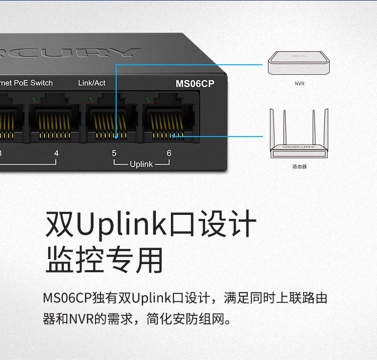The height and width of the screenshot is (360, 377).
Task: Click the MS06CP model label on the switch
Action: click(195, 84)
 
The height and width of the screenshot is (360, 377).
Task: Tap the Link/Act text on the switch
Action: click(91, 83)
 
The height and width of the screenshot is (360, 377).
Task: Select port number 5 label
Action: click(114, 153)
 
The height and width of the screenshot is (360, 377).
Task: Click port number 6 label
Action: click(169, 153)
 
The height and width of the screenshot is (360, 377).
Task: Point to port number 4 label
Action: click(56, 153)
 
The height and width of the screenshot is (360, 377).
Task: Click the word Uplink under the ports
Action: click(141, 164)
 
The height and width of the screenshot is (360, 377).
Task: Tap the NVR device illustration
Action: click(299, 64)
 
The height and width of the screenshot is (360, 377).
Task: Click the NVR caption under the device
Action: click(299, 84)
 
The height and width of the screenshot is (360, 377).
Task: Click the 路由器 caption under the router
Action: click(299, 166)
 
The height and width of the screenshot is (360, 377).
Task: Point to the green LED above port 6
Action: click(147, 98)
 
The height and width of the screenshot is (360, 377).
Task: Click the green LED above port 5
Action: click(90, 98)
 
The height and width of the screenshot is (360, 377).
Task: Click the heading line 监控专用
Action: click(105, 260)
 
